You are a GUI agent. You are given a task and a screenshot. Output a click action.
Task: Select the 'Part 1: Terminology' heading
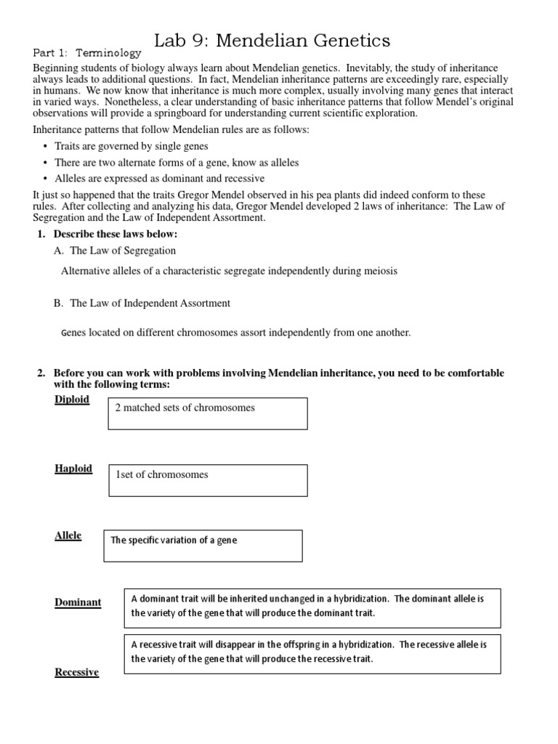tap(87, 54)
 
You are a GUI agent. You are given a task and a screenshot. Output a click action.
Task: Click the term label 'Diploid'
tap(72, 400)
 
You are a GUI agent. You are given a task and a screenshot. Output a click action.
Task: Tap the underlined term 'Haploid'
tap(73, 469)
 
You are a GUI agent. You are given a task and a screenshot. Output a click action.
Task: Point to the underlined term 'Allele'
tap(68, 535)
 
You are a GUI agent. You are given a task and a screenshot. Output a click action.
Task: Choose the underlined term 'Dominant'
tap(78, 602)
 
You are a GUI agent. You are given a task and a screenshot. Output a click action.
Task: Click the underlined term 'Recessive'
tap(76, 672)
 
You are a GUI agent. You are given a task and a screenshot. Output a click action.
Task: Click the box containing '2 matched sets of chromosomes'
tap(208, 413)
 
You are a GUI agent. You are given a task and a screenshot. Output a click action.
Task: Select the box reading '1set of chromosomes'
tap(208, 480)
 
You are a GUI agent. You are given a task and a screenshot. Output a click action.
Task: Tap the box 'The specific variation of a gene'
tap(203, 545)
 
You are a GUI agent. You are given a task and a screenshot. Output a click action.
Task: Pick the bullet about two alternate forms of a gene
tap(177, 163)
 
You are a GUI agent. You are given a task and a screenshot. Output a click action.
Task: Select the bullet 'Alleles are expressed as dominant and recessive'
tap(159, 178)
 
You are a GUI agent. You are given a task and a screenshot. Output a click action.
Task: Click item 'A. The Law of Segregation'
tap(115, 251)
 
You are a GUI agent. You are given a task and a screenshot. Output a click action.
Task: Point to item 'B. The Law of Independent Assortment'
tap(142, 303)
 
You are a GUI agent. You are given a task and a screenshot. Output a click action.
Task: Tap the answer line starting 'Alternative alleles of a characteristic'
tap(229, 271)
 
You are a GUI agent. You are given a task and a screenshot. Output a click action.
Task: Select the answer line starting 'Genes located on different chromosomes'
tap(235, 333)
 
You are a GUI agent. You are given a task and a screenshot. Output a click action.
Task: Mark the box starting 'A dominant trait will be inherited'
tap(312, 607)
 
